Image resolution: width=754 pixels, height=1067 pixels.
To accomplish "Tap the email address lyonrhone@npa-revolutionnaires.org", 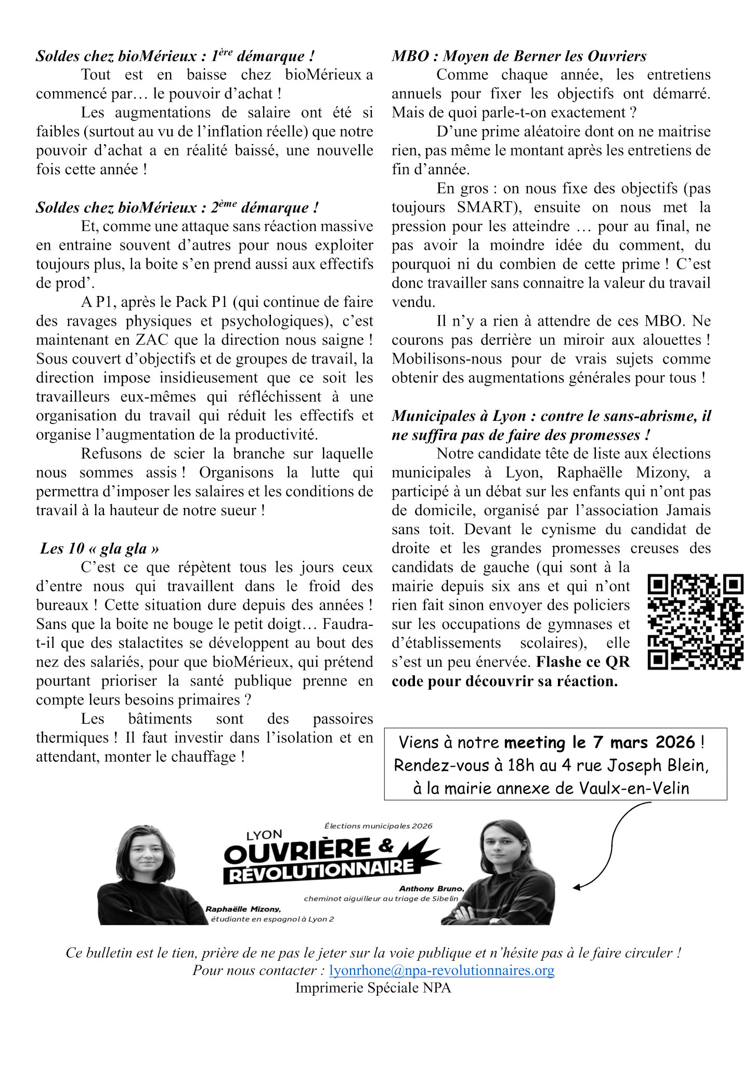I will [x=441, y=970].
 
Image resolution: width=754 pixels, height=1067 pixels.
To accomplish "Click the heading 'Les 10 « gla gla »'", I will [x=100, y=548].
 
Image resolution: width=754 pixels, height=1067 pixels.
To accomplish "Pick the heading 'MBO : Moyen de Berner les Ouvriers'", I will [x=519, y=56].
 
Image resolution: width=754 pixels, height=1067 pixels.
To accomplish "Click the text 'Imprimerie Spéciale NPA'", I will [x=373, y=987].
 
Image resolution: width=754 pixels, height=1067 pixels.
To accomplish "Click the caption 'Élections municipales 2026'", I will [x=378, y=826].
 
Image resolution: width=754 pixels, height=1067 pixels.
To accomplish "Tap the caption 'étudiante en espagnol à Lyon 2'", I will [x=272, y=919].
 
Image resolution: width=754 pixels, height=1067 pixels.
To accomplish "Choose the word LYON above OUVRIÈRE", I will [x=264, y=835].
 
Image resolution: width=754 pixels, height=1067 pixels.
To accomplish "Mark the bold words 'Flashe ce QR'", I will [x=582, y=662].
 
